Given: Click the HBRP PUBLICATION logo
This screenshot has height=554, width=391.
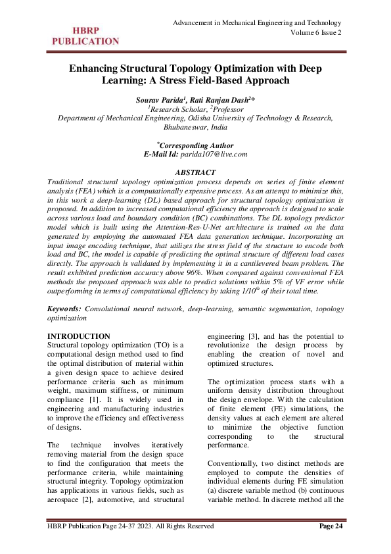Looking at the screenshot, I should tap(85, 35).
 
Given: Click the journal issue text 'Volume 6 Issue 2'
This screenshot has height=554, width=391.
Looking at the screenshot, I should tap(315, 34).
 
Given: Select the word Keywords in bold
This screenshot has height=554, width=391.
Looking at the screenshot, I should tap(67, 308).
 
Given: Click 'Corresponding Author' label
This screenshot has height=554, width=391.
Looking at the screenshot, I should tap(196, 145).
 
